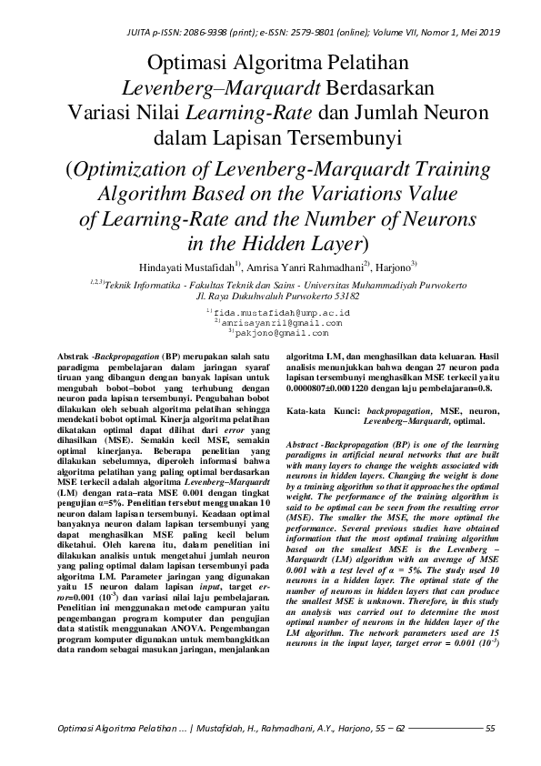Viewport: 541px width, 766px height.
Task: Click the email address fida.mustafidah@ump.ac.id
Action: (275, 312)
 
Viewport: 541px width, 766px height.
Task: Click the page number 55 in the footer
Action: (491, 728)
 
